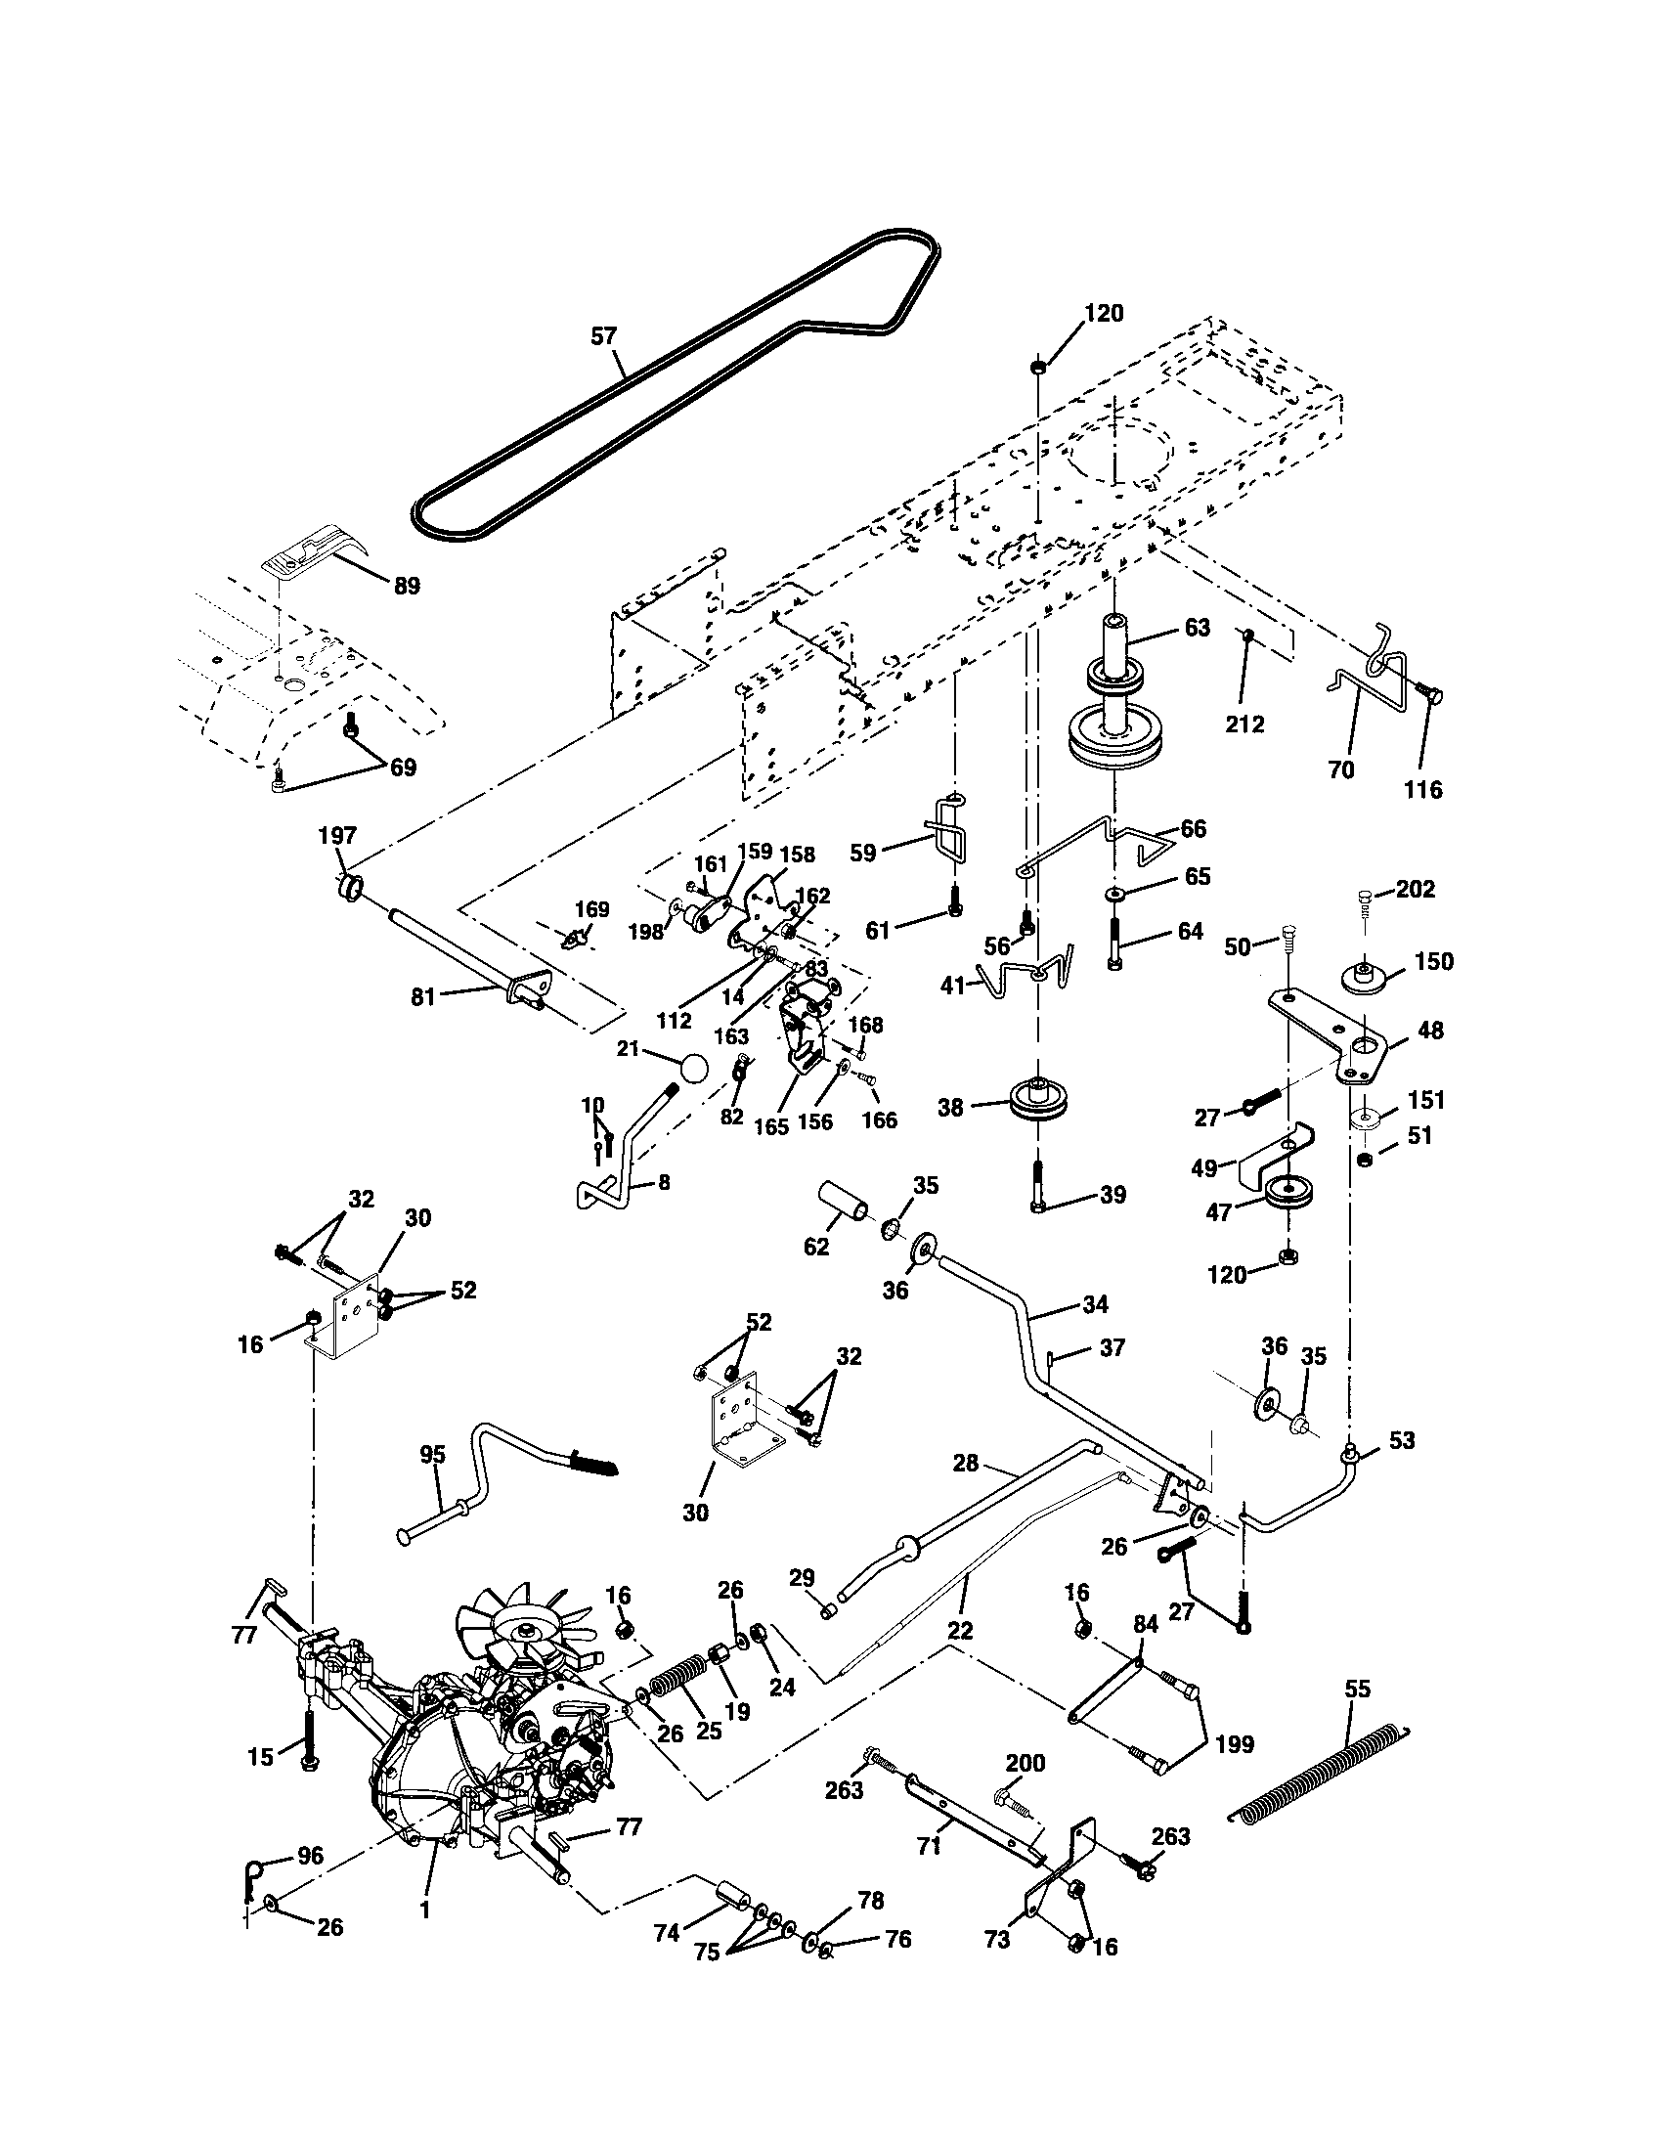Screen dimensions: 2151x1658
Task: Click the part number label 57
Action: pos(602,335)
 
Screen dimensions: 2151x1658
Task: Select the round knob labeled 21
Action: pos(693,1069)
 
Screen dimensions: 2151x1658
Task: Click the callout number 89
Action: pos(406,586)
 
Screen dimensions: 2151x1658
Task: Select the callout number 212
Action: pos(1245,724)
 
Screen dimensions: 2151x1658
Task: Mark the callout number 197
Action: pos(336,836)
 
